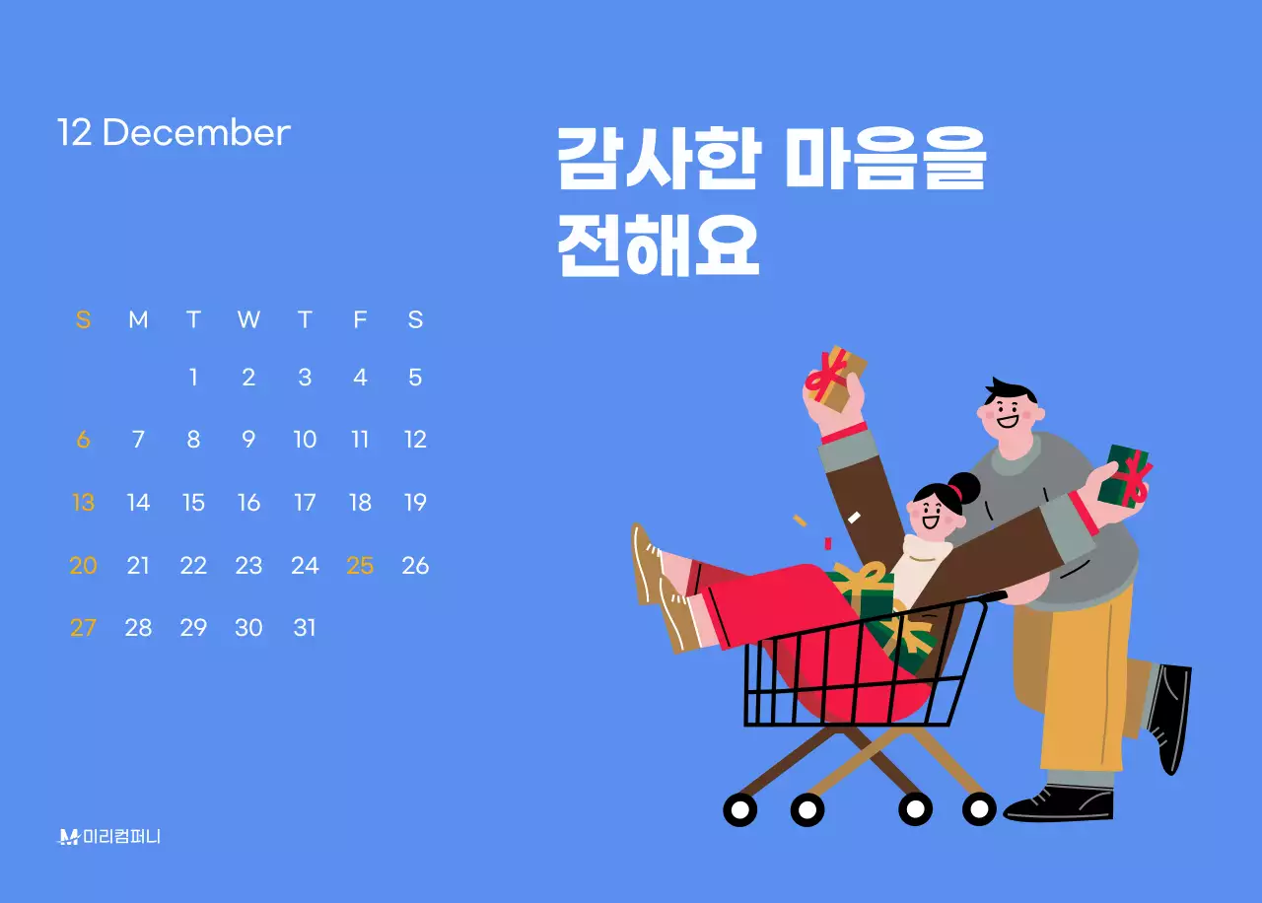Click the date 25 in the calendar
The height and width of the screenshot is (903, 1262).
pyautogui.click(x=360, y=565)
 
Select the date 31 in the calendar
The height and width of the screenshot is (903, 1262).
pyautogui.click(x=305, y=627)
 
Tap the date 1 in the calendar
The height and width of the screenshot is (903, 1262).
pyautogui.click(x=193, y=378)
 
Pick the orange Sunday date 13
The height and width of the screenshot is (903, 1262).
pyautogui.click(x=83, y=503)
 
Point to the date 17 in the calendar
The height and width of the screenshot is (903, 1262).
pyautogui.click(x=305, y=503)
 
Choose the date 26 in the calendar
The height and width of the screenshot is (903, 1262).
pyautogui.click(x=415, y=565)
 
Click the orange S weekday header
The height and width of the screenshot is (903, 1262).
pyautogui.click(x=83, y=319)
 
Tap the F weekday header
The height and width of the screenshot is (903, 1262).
pyautogui.click(x=360, y=319)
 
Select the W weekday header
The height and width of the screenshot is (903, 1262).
pyautogui.click(x=248, y=319)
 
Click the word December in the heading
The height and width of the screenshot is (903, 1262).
pyautogui.click(x=196, y=133)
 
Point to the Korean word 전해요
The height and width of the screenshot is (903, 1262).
pyautogui.click(x=658, y=245)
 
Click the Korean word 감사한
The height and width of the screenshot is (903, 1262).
pyautogui.click(x=657, y=159)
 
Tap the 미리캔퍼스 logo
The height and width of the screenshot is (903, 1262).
pyautogui.click(x=109, y=837)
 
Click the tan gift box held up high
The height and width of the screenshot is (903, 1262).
pyautogui.click(x=836, y=379)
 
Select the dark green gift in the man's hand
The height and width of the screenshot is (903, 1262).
pyautogui.click(x=1125, y=477)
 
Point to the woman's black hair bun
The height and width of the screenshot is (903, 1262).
pyautogui.click(x=963, y=487)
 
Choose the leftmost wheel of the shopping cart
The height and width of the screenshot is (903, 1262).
pyautogui.click(x=739, y=809)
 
